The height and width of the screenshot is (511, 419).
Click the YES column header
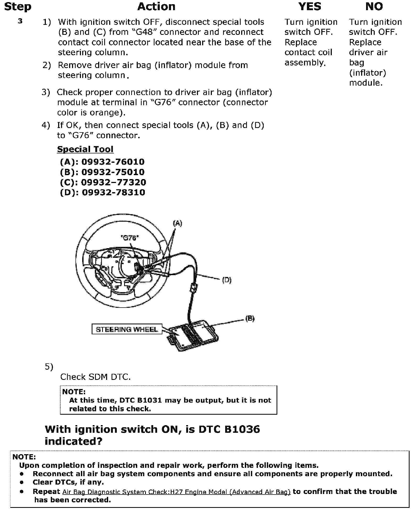click(310, 7)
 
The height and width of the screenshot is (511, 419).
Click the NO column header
click(374, 7)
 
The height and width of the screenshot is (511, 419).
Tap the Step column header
click(18, 7)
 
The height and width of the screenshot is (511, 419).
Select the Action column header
click(156, 7)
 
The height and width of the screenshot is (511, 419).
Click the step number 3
click(20, 21)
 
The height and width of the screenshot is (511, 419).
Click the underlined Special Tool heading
click(85, 149)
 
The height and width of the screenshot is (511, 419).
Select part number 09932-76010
click(113, 162)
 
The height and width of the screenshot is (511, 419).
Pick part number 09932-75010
click(113, 172)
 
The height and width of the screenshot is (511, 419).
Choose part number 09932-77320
click(113, 182)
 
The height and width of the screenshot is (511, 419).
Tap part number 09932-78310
click(113, 192)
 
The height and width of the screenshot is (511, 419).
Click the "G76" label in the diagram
click(130, 238)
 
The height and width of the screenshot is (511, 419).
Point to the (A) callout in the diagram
click(178, 223)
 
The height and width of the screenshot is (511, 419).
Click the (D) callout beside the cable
click(227, 280)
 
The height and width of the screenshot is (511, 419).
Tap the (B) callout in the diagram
click(250, 318)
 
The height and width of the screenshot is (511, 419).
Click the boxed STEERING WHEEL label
click(127, 329)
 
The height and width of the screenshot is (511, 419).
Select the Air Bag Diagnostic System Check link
click(176, 492)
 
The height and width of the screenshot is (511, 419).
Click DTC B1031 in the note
click(141, 400)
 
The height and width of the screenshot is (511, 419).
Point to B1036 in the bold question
click(242, 429)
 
